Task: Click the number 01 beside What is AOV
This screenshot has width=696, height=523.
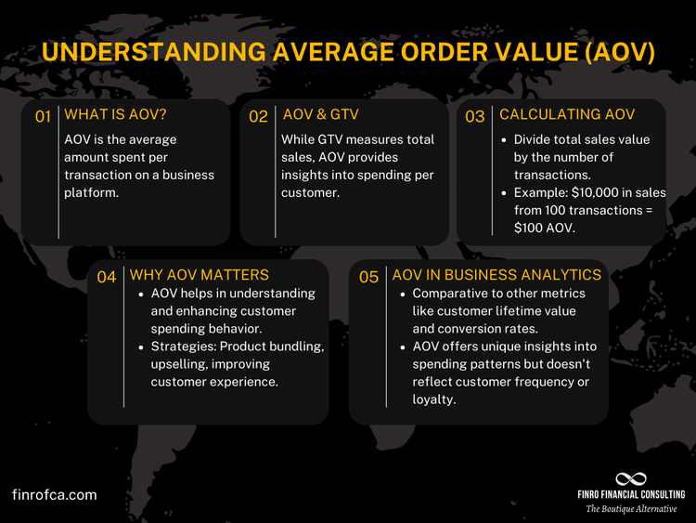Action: [43, 117]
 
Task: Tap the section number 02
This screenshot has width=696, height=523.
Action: [258, 117]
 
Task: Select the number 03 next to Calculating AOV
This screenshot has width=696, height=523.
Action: [475, 117]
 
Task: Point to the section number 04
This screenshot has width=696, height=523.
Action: [107, 277]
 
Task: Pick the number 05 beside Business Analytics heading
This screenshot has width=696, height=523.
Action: [368, 277]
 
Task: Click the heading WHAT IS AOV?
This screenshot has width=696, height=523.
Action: [115, 114]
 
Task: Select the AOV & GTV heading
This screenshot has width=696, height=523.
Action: [320, 114]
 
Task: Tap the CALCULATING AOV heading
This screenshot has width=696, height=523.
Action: [567, 114]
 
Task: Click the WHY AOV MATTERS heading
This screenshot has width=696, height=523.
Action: [199, 274]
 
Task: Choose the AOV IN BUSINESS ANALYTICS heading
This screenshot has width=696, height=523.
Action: [496, 274]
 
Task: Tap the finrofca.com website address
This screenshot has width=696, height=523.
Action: [55, 495]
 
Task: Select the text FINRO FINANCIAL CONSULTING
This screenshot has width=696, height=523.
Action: [630, 495]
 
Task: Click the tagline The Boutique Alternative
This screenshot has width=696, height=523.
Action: [630, 509]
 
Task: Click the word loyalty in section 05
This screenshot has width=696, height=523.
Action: [434, 400]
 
